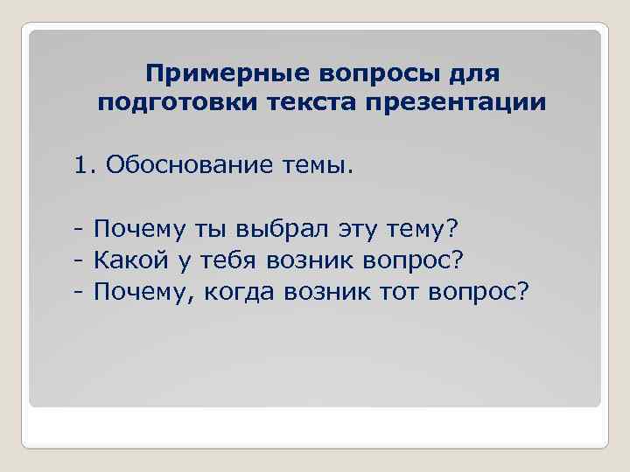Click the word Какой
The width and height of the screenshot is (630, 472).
pyautogui.click(x=129, y=260)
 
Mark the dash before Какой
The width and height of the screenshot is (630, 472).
pyautogui.click(x=79, y=260)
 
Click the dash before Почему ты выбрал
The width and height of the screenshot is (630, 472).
pyautogui.click(x=79, y=230)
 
